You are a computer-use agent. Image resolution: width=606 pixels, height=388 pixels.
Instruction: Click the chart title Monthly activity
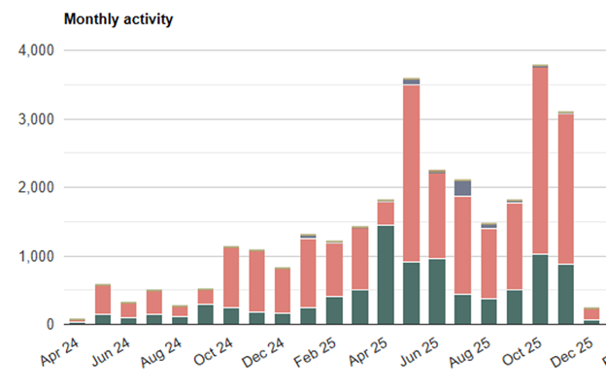(x=118, y=19)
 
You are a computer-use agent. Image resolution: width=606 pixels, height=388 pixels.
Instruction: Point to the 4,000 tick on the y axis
(x=38, y=50)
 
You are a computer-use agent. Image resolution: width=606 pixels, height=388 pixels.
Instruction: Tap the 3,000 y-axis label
(x=38, y=119)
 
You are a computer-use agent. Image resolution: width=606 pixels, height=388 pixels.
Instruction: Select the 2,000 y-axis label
(x=38, y=187)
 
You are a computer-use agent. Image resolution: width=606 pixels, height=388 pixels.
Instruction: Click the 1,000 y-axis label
(x=38, y=257)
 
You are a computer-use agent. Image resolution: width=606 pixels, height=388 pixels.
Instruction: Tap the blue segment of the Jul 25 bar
(x=463, y=188)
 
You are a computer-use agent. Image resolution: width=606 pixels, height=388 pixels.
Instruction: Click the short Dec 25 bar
(x=591, y=315)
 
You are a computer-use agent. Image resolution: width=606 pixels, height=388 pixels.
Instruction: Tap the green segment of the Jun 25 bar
(x=437, y=291)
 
